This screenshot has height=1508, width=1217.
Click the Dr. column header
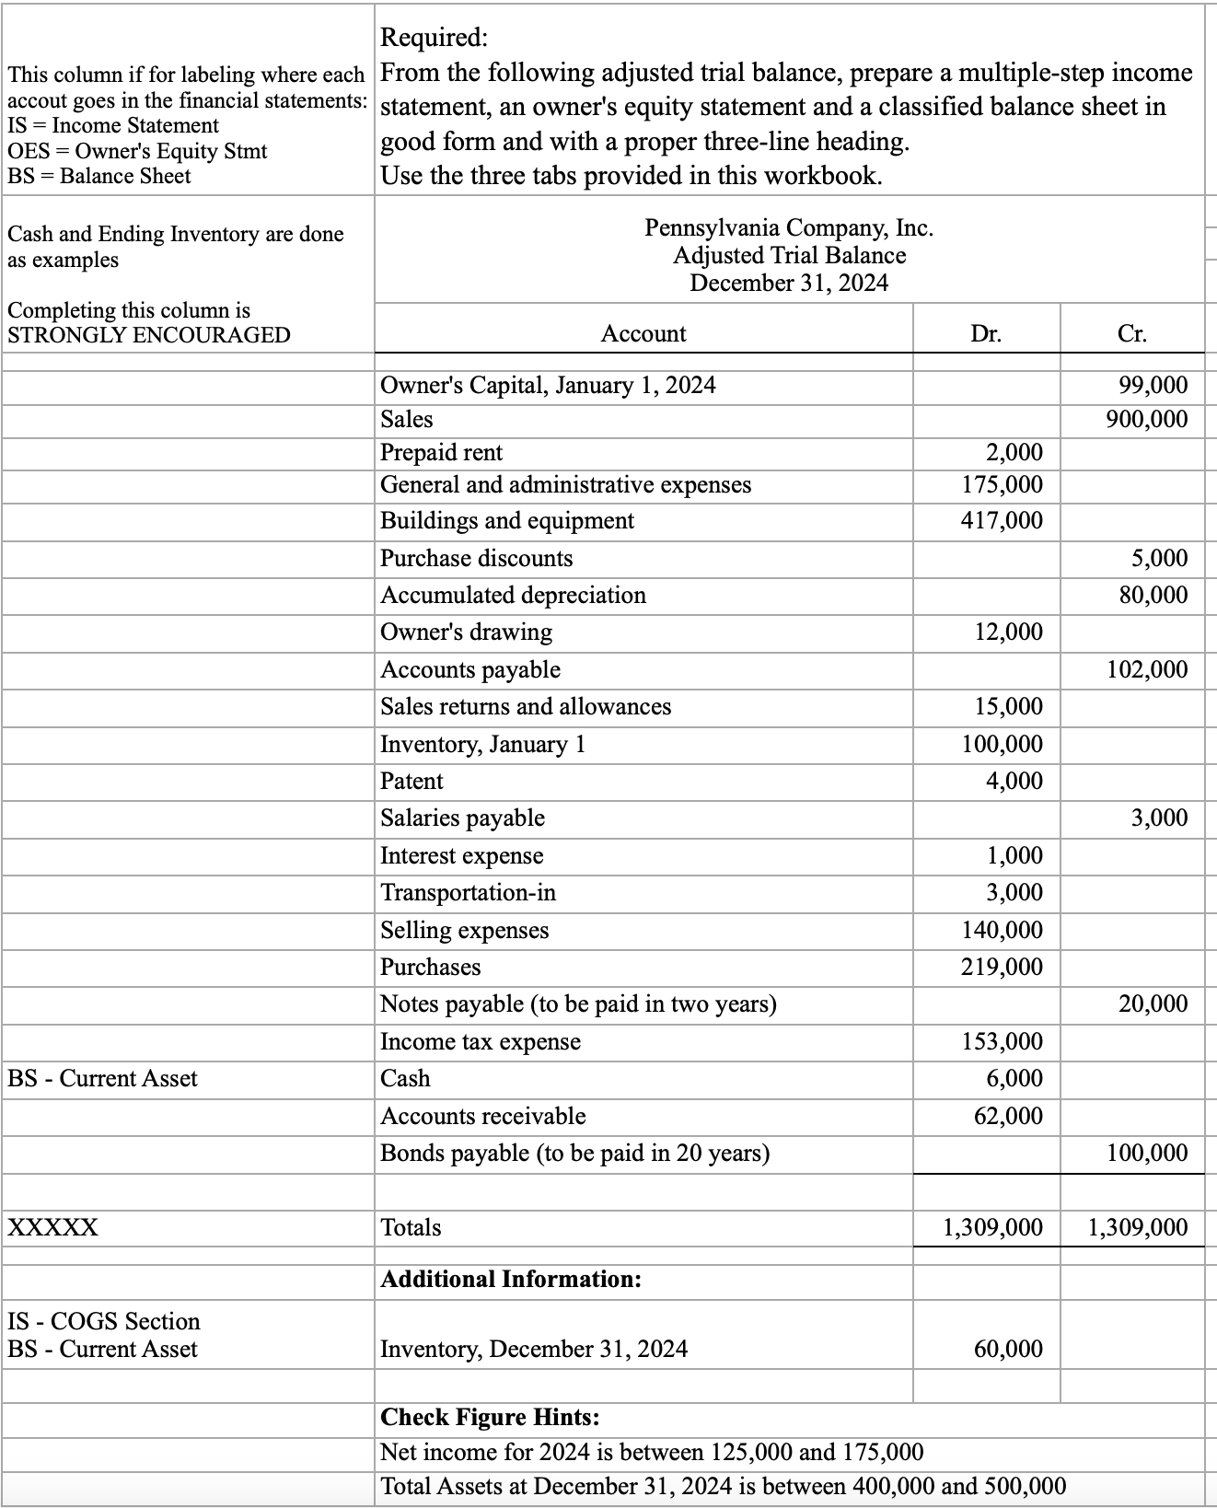986,334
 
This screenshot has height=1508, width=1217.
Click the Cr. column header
1132,334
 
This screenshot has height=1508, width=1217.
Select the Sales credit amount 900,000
1146,420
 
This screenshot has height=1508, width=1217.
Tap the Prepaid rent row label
442,453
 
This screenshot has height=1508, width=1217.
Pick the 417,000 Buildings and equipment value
1002,521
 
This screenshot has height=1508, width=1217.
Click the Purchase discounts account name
476,559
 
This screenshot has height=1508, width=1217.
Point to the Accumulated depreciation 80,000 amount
1153,596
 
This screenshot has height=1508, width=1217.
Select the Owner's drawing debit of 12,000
1008,632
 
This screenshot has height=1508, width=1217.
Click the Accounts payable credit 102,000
1146,670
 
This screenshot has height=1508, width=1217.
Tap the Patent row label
411,782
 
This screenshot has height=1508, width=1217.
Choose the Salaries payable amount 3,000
1159,818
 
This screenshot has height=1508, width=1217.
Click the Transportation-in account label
468,893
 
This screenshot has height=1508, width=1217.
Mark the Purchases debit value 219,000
1002,968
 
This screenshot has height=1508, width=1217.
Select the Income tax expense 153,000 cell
1002,1042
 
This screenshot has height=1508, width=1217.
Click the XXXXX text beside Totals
52,1228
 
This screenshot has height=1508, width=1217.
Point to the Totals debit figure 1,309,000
992,1228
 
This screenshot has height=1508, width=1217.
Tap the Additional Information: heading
511,1280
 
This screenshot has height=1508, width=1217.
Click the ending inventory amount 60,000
1008,1350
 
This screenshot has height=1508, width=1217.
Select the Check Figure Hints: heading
490,1417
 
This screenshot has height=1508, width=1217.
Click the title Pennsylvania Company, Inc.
789,227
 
